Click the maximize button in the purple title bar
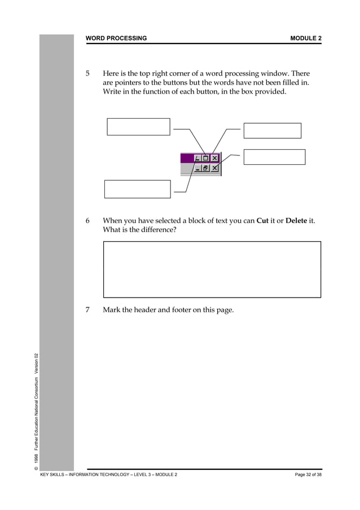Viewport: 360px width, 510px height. click(206, 159)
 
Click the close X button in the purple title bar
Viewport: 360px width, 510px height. click(215, 159)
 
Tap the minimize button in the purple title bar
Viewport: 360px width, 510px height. click(197, 159)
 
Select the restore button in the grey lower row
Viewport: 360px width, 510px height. click(206, 168)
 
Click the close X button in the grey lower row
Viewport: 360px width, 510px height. click(215, 168)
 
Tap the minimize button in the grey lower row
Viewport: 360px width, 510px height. click(197, 168)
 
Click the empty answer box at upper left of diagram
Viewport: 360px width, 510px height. click(138, 127)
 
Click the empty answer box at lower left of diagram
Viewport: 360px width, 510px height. click(137, 189)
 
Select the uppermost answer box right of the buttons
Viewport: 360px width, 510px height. click(273, 130)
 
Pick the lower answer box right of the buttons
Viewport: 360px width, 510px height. click(274, 157)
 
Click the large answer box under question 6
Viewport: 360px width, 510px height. click(212, 269)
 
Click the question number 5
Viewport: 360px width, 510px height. click(87, 74)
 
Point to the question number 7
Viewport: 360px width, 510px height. click(87, 310)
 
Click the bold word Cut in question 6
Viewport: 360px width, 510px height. click(262, 221)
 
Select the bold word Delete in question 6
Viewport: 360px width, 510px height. click(296, 221)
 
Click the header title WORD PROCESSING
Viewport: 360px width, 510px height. click(116, 38)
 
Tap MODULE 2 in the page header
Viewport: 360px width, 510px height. click(306, 38)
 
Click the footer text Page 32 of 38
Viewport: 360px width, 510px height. click(308, 474)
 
